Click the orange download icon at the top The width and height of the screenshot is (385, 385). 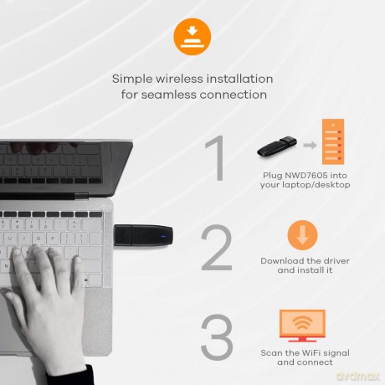point(192,37)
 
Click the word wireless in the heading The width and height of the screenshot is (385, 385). point(179,79)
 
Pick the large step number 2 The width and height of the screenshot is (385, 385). point(217,248)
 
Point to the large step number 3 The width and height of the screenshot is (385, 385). point(217,336)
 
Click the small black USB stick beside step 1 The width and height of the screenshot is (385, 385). point(276,146)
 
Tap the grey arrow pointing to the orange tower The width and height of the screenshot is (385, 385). point(310,145)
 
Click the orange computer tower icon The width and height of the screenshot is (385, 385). point(333,141)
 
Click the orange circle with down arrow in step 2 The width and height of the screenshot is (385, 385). point(302,235)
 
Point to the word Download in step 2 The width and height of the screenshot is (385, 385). point(282,261)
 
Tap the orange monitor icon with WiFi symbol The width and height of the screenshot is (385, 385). point(302,326)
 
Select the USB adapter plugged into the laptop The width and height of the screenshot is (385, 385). point(143,235)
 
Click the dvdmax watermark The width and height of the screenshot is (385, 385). point(358,376)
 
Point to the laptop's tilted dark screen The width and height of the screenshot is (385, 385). point(66,168)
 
